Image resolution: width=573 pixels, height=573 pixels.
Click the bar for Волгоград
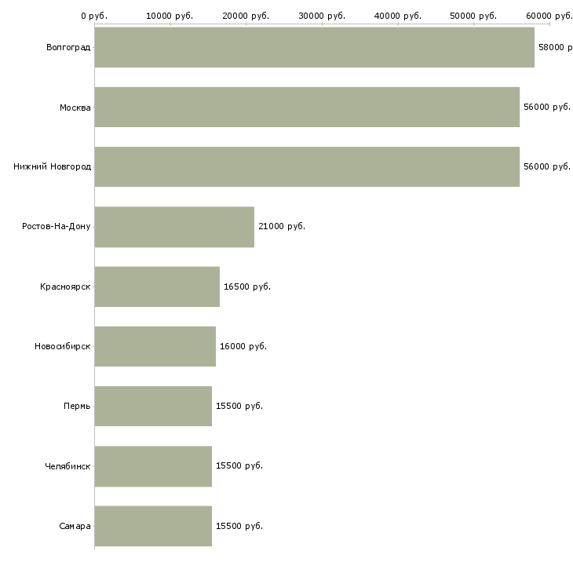[x=314, y=47]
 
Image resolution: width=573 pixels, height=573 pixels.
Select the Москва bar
[x=307, y=107]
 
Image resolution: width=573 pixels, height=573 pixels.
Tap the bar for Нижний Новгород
[x=307, y=166]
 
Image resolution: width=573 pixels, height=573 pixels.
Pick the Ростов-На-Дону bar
[x=174, y=227]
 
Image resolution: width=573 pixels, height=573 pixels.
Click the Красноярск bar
[x=157, y=286]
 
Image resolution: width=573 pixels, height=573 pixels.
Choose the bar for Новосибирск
[x=155, y=346]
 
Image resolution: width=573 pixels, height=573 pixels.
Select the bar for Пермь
[x=153, y=406]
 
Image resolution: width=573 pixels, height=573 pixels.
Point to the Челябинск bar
[x=153, y=466]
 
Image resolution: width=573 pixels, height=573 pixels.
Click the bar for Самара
[x=153, y=526]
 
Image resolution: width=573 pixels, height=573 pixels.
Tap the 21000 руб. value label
[x=282, y=227]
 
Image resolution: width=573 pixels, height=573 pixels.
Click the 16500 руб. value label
[x=247, y=286]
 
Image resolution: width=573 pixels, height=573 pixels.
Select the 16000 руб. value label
[x=243, y=346]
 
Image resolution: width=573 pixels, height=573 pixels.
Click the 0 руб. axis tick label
[x=94, y=16]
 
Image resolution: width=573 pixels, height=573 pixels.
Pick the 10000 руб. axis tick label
[x=170, y=16]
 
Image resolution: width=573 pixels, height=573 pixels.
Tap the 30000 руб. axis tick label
[x=322, y=16]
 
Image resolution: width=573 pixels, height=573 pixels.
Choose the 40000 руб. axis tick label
[x=398, y=16]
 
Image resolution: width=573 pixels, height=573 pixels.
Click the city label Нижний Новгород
[x=53, y=166]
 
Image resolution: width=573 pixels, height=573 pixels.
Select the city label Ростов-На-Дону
[x=57, y=227]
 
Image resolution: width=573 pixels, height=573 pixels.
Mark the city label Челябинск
[x=68, y=466]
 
